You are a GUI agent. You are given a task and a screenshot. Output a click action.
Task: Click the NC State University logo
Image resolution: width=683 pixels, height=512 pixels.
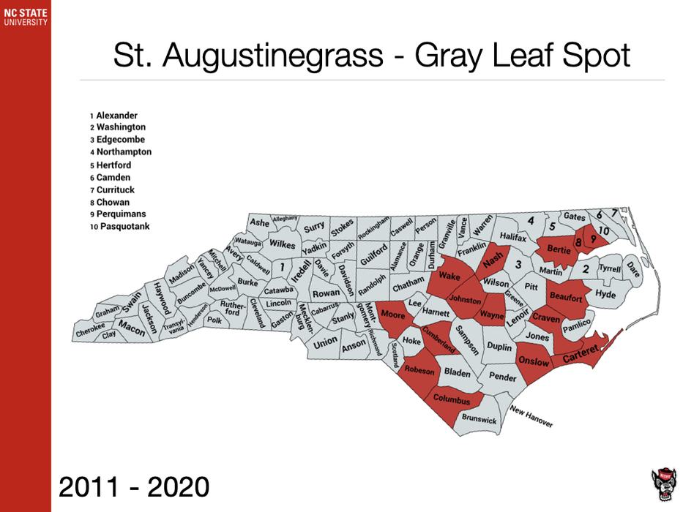pos(25,16)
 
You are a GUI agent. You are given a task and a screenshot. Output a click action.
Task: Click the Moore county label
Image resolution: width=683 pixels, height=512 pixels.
pos(393,315)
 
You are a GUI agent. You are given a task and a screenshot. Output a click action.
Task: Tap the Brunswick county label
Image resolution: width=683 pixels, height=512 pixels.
pos(479,420)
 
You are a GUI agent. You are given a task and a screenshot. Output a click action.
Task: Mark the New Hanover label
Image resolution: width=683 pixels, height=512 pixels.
pos(532,416)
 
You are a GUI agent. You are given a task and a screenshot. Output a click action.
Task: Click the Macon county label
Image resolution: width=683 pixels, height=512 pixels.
pos(132,326)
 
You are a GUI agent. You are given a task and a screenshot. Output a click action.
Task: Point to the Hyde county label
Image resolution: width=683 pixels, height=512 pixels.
pos(606,294)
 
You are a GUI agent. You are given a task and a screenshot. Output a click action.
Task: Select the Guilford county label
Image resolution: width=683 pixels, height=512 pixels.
pos(373,256)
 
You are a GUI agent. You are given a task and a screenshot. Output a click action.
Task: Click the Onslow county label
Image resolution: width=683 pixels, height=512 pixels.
pos(533,361)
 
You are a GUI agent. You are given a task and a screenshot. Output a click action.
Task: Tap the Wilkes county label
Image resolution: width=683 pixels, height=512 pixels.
pos(281,243)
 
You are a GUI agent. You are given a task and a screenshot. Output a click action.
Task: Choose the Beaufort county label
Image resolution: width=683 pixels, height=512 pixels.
pos(565,298)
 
